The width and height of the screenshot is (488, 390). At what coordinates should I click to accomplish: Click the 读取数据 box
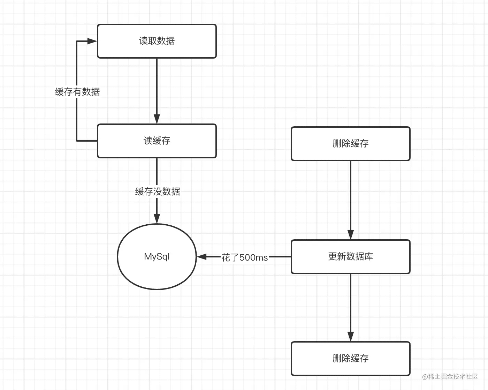[x=157, y=41]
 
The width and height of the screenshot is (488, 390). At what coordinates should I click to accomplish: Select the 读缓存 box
[x=157, y=141]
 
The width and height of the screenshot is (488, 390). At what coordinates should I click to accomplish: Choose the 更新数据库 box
[x=350, y=257]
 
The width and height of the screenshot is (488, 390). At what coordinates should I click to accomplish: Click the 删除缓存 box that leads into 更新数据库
[x=350, y=144]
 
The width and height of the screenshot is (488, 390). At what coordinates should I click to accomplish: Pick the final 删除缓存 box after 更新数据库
[x=350, y=359]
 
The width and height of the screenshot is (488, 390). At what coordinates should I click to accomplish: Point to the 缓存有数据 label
[x=77, y=92]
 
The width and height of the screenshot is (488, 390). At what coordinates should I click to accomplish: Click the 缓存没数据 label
[x=158, y=192]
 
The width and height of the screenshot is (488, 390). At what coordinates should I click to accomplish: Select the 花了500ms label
[x=244, y=257]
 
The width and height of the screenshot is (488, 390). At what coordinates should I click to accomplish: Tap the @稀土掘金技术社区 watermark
[x=450, y=377]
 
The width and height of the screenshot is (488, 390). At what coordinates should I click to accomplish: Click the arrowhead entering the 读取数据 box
[x=92, y=41]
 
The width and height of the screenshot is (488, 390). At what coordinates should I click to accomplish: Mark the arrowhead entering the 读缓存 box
[x=157, y=119]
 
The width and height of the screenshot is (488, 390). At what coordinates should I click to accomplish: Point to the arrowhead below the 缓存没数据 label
[x=157, y=219]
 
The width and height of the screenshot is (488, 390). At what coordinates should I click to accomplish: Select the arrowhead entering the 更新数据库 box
[x=351, y=235]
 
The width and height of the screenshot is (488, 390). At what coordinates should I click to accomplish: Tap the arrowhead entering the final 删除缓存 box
[x=351, y=337]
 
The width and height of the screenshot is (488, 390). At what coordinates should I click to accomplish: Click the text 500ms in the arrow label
[x=254, y=257]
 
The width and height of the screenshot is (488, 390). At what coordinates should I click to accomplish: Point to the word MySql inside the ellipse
[x=157, y=257]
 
